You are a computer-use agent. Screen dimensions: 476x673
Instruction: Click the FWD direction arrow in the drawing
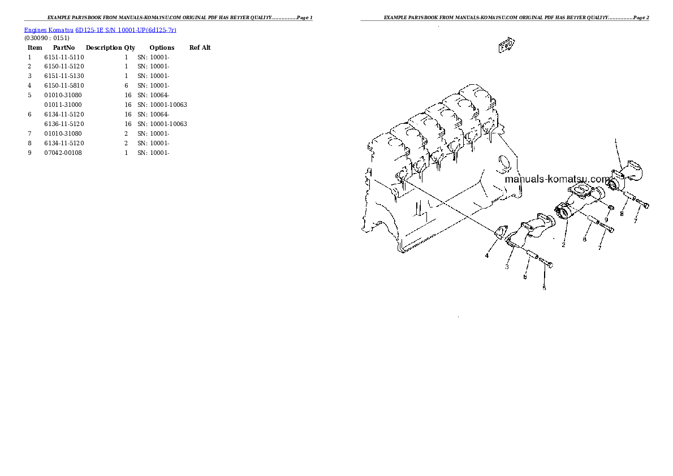pyautogui.click(x=506, y=45)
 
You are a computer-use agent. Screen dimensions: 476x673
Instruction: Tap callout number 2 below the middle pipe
pyautogui.click(x=563, y=245)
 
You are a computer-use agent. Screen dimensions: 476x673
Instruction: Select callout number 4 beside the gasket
pyautogui.click(x=486, y=256)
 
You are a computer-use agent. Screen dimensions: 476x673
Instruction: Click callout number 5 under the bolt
pyautogui.click(x=544, y=288)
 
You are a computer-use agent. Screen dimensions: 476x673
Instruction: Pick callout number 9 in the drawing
pyautogui.click(x=606, y=219)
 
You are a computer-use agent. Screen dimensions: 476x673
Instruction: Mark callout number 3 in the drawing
pyautogui.click(x=507, y=266)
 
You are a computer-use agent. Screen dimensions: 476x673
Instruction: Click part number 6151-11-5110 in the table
pyautogui.click(x=63, y=57)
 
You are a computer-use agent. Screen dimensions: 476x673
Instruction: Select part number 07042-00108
pyautogui.click(x=63, y=153)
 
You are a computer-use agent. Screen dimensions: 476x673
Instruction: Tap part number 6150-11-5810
pyautogui.click(x=63, y=85)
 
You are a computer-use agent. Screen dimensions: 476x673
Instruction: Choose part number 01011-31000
pyautogui.click(x=63, y=105)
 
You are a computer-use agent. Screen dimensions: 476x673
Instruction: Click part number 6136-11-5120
pyautogui.click(x=63, y=124)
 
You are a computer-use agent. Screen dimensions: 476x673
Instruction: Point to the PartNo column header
pyautogui.click(x=64, y=47)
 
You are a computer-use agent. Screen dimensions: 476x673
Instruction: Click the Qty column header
pyautogui.click(x=130, y=47)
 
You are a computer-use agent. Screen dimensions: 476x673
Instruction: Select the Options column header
pyautogui.click(x=162, y=47)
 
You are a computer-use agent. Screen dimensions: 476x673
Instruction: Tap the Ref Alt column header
pyautogui.click(x=200, y=47)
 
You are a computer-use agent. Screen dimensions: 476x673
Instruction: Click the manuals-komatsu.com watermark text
pyautogui.click(x=558, y=179)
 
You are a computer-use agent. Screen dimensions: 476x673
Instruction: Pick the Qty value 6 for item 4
pyautogui.click(x=127, y=85)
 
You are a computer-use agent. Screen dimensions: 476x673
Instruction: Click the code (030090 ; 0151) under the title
pyautogui.click(x=46, y=38)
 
